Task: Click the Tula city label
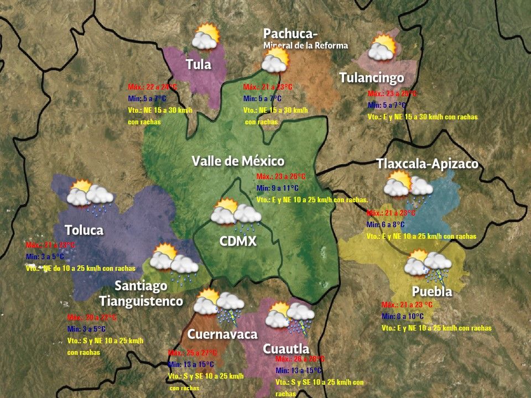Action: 199,64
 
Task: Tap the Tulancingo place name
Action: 372,78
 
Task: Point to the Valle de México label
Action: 238,161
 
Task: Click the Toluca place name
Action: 84,230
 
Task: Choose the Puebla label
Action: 432,291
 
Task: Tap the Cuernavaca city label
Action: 222,334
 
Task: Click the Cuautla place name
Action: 285,349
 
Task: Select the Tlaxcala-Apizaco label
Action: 427,164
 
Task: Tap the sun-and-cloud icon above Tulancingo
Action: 382,48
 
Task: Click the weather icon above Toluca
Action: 90,195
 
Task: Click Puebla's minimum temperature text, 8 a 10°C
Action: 403,316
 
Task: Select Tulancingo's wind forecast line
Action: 422,117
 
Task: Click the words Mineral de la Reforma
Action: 306,45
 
